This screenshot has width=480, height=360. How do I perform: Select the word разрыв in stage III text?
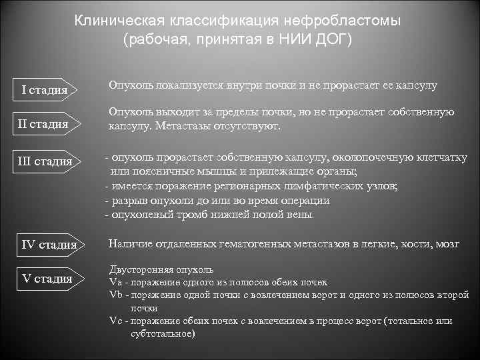click(129, 201)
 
